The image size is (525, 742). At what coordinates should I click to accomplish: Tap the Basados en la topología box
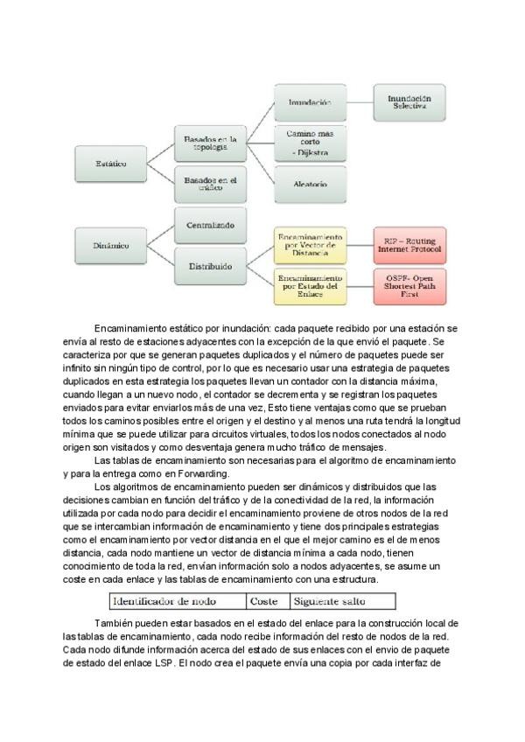(210, 143)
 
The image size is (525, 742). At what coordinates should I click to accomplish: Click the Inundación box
(309, 102)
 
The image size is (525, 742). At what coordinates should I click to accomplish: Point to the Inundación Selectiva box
(409, 102)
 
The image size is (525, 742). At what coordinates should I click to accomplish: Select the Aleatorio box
(309, 185)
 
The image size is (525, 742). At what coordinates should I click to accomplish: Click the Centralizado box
(210, 226)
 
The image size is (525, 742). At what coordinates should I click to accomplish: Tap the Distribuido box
(210, 266)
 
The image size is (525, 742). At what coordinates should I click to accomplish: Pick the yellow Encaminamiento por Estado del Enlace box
(309, 286)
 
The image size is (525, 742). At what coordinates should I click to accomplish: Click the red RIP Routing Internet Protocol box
(409, 246)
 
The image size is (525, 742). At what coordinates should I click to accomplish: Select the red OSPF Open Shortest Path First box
(409, 286)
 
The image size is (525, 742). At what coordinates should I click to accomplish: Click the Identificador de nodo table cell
(176, 601)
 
